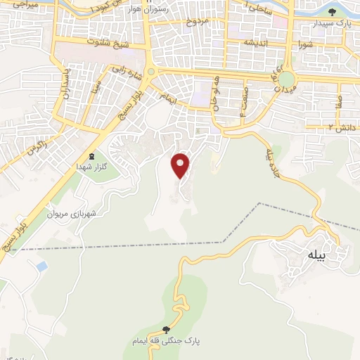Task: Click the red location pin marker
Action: click(181, 165)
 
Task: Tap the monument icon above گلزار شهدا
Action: click(90, 156)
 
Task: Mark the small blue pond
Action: click(41, 266)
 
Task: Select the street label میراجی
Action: click(22, 5)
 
